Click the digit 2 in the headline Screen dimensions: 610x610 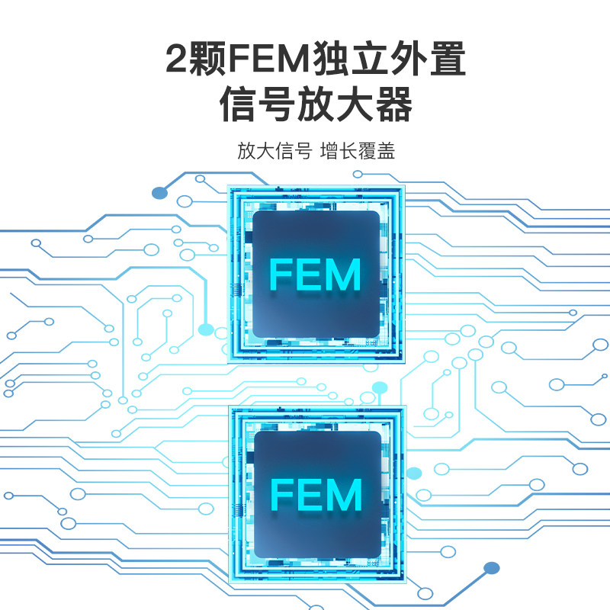(x=176, y=58)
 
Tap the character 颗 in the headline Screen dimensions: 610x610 (x=206, y=59)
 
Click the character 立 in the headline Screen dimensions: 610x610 (x=370, y=59)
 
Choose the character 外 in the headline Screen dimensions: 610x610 (x=409, y=59)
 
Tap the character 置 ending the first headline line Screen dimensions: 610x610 (x=448, y=59)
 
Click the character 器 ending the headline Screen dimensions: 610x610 (x=393, y=104)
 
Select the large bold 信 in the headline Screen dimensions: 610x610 (x=238, y=104)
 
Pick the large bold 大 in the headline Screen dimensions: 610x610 (x=355, y=104)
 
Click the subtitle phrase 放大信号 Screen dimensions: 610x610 (x=274, y=151)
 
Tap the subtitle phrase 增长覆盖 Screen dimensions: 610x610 (x=358, y=151)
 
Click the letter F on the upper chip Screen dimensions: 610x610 (x=281, y=274)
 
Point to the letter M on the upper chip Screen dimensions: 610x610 (x=342, y=274)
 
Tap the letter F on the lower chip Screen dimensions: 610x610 (x=282, y=494)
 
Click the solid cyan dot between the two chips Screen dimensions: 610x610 (x=380, y=387)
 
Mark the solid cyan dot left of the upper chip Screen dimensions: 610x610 (x=206, y=329)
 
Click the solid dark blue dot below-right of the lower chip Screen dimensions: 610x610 (x=491, y=567)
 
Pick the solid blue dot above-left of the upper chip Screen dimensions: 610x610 (x=159, y=193)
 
